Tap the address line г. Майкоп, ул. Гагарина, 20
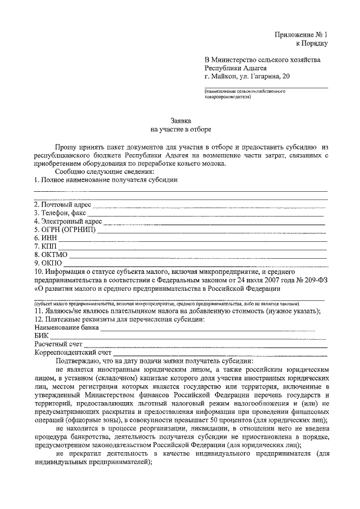(x=248, y=76)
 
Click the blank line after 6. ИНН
(x=191, y=240)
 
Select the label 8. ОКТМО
(x=51, y=255)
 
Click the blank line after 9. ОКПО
(x=194, y=264)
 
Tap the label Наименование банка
(x=67, y=327)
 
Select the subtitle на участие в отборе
(x=181, y=129)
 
